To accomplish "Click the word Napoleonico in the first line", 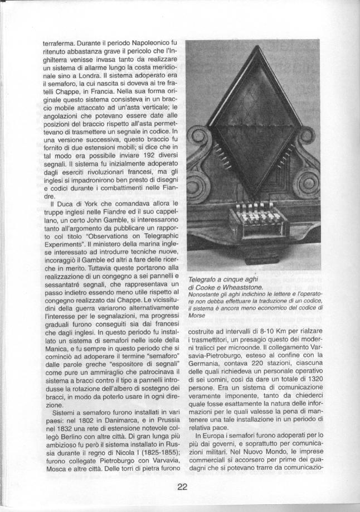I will tap(139, 42).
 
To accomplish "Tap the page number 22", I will tap(182, 487).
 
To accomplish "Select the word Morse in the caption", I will tap(197, 315).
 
